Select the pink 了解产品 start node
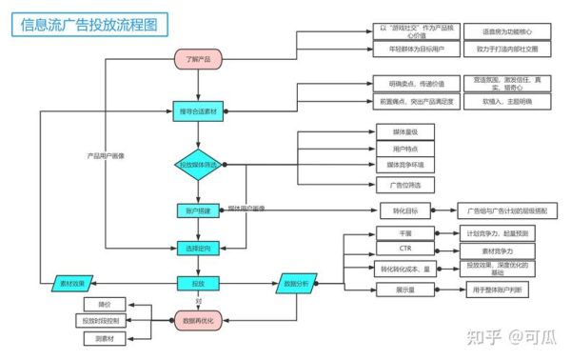(198, 60)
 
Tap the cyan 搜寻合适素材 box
(198, 112)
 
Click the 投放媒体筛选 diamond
(198, 165)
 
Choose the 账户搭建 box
(198, 209)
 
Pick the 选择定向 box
(198, 249)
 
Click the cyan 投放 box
(198, 283)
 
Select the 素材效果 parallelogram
(72, 284)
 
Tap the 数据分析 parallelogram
(296, 283)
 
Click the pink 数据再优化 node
(198, 320)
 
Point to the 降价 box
(105, 304)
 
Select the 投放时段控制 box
(105, 321)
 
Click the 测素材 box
(105, 338)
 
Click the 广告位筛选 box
(391, 183)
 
